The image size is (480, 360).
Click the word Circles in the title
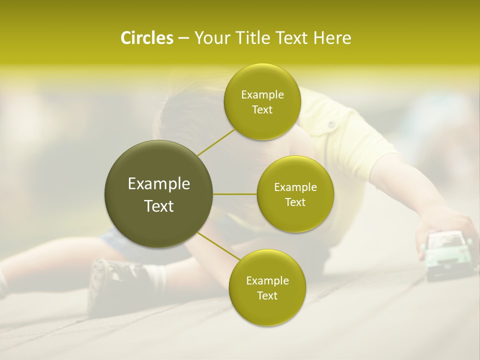[146, 38]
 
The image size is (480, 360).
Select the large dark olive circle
[159, 194]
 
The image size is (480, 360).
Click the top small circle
[262, 101]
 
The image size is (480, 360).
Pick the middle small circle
[295, 194]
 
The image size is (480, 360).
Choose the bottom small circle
[267, 287]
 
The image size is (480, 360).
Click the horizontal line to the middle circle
[235, 194]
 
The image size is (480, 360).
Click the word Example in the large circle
[159, 184]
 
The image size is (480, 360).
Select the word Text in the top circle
[262, 109]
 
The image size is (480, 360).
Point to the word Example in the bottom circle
[267, 280]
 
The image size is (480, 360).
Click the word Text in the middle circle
[295, 202]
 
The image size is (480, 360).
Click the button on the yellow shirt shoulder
[330, 123]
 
